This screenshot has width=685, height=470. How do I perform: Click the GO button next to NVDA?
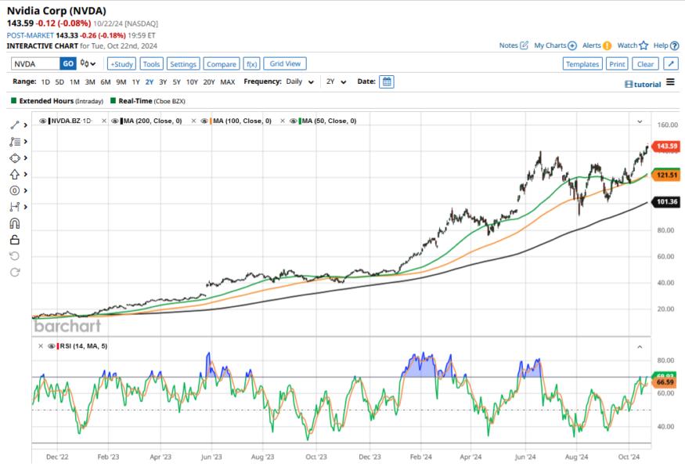pos(68,63)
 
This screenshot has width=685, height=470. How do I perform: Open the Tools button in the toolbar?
pos(152,64)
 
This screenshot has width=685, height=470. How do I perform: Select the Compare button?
pos(222,64)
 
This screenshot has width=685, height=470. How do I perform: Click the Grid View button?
pos(284,63)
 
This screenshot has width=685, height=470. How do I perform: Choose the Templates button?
pos(582,64)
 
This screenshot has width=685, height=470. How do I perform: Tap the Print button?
pos(617,64)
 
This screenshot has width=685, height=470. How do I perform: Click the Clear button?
pos(645,64)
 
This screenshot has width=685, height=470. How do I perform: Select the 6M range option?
pos(105,82)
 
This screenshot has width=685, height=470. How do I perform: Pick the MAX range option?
pos(228,82)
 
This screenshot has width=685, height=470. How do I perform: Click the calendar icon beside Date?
pos(387,82)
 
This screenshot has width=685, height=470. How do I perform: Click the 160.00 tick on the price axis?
pos(667,125)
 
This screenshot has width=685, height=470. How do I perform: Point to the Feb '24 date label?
pos(421,455)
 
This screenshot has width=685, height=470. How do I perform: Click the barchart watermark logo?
pos(67,326)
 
